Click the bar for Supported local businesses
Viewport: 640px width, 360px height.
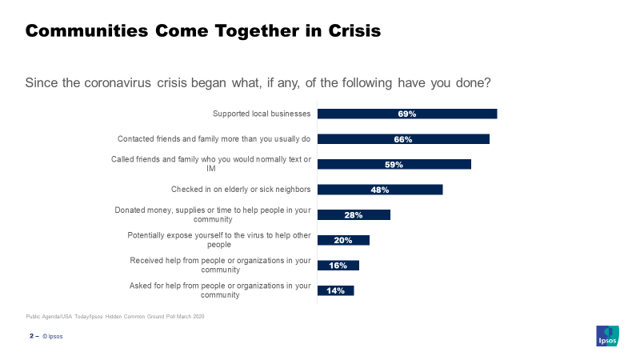[x=407, y=114]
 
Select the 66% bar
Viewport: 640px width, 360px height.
[x=403, y=139]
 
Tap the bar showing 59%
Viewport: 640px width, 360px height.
[x=394, y=164]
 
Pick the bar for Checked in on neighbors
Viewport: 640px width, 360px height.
[x=380, y=190]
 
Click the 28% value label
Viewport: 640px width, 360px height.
[x=354, y=215]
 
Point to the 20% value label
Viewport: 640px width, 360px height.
[x=343, y=240]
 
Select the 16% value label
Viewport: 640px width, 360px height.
[x=338, y=266]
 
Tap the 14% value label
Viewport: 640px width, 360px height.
[x=335, y=290]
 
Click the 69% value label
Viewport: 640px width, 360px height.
[x=407, y=114]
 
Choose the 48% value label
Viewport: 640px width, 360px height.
[x=380, y=190]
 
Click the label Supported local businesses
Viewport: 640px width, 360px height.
[x=262, y=114]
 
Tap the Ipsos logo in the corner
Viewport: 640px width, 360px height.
[x=606, y=336]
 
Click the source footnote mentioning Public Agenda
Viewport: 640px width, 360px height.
[x=115, y=317]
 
